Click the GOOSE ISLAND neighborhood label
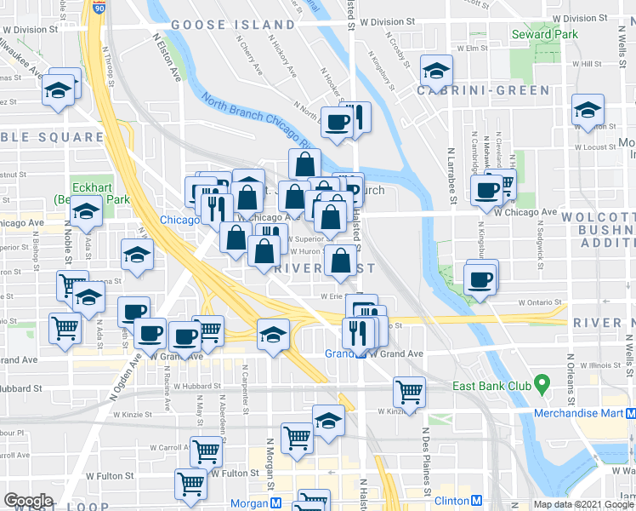point(233,25)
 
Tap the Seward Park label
point(543,35)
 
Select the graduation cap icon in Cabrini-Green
point(436,72)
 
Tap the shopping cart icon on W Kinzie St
point(409,393)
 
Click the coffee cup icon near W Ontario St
point(480,278)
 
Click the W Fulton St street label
point(235,473)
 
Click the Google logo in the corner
point(28,502)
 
